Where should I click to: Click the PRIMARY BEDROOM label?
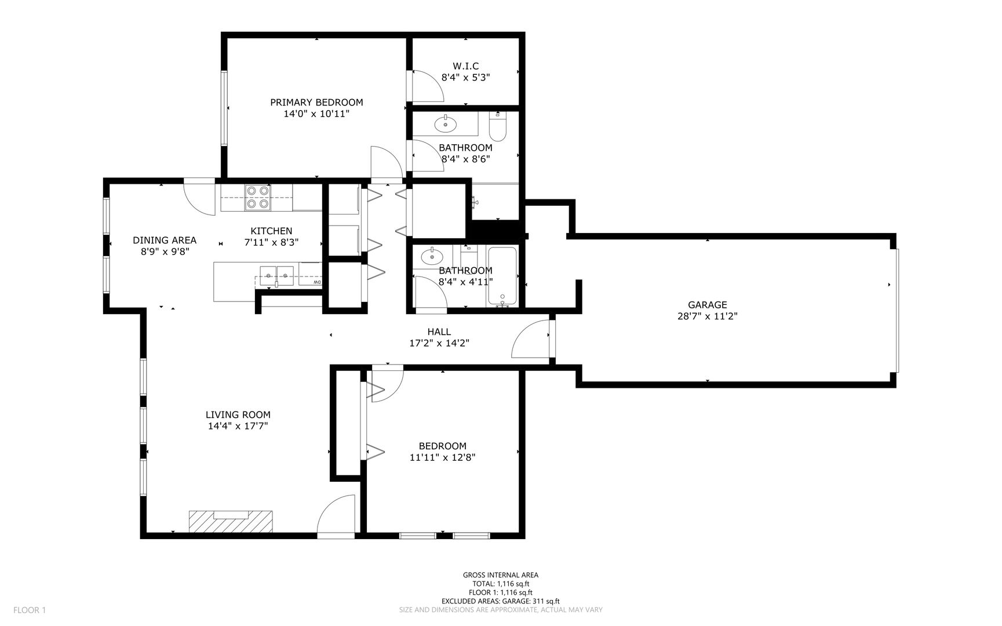[316, 103]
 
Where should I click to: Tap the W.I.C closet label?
[465, 66]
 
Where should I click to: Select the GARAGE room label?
[707, 305]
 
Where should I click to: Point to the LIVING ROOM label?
[238, 415]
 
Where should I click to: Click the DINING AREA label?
[165, 240]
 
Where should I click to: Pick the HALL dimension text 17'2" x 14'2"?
[439, 343]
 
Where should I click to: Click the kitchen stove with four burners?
[257, 196]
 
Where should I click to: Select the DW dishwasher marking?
[317, 282]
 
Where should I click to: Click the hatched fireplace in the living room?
[231, 521]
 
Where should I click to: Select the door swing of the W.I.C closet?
[428, 86]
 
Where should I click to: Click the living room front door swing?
[336, 515]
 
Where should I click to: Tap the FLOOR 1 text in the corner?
[29, 610]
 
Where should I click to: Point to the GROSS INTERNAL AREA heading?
[501, 575]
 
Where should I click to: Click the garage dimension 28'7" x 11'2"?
[707, 316]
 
